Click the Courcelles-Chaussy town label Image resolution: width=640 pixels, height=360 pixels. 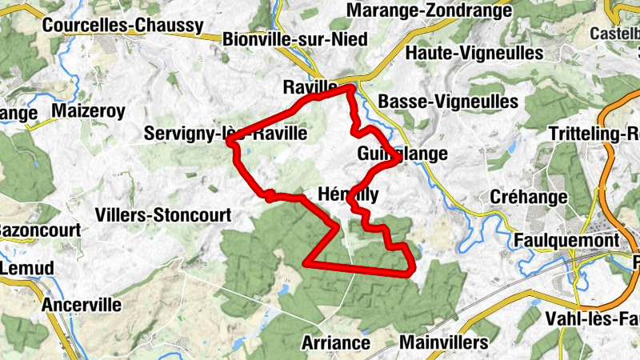(122, 26)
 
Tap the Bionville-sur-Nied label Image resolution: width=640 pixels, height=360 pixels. (295, 39)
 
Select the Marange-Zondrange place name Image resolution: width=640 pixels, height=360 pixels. (430, 11)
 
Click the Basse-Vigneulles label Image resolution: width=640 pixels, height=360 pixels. (448, 102)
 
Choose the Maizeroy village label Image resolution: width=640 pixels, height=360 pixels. (88, 111)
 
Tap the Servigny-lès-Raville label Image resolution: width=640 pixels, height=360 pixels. (226, 134)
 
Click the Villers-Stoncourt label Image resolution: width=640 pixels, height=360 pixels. (162, 214)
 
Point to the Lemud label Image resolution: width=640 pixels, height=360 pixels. (26, 268)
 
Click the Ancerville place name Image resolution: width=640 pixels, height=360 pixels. (82, 305)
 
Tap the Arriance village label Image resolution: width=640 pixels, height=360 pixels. (336, 343)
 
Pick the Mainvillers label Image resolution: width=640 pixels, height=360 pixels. (442, 343)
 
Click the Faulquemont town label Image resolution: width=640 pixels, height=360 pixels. (568, 240)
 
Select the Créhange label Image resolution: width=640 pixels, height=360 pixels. (526, 198)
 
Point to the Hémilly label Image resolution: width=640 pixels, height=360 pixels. (348, 194)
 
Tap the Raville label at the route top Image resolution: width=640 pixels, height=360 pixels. (310, 86)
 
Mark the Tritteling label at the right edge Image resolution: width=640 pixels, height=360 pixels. (596, 134)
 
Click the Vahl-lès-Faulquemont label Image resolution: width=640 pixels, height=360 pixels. (592, 318)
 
